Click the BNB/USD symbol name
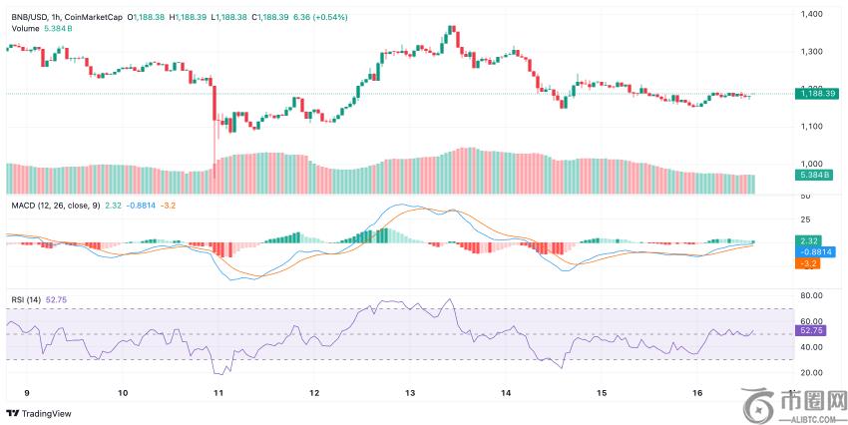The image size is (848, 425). click(32, 16)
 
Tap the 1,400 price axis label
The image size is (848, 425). click(812, 13)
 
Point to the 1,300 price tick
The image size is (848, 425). click(812, 51)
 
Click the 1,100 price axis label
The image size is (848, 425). click(812, 126)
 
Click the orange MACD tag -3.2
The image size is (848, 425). click(808, 263)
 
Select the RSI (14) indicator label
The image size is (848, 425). click(26, 298)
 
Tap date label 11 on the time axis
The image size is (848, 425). click(217, 394)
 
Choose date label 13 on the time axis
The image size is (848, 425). click(409, 394)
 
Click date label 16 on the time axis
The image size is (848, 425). click(696, 394)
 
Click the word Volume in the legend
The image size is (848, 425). click(26, 29)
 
